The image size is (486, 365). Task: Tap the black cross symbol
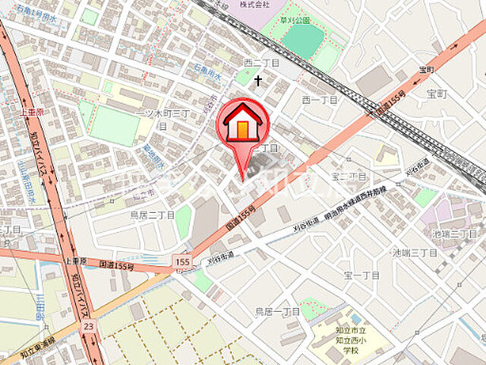coord(258,79)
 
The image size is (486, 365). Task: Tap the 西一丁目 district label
coord(320,99)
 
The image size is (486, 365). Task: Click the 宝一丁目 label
coord(361,274)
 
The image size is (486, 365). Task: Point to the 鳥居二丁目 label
coord(152,215)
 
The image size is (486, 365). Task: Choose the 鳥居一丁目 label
coord(277,311)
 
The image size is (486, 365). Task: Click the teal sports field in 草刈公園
coord(303,42)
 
